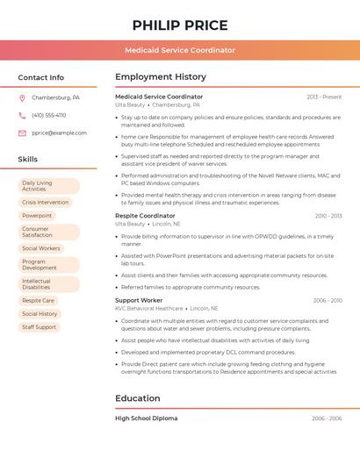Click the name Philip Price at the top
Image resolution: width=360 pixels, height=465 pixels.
coord(180,25)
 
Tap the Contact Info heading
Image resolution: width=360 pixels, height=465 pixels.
coord(40,77)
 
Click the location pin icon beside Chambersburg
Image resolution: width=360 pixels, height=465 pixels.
coord(22,97)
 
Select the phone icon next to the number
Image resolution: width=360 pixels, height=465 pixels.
coord(22,115)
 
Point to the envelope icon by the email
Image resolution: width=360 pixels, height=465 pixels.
coord(22,133)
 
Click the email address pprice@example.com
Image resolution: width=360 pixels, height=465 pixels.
coord(59,133)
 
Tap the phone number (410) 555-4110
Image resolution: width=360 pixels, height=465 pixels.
coord(48,115)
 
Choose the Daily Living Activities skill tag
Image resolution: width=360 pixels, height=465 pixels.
coord(48,186)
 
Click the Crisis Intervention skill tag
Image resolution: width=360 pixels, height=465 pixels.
coord(45,202)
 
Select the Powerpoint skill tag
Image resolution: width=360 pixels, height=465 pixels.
coord(37,216)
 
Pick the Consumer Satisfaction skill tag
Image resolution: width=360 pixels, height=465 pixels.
coord(48,232)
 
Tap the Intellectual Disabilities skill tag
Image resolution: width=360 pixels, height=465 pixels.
coord(48,284)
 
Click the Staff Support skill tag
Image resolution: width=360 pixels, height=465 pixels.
coord(39,327)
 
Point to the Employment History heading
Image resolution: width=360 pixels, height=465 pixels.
coord(160,77)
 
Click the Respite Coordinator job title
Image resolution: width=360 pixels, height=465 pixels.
coord(145,216)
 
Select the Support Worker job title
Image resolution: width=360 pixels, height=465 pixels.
coord(139,300)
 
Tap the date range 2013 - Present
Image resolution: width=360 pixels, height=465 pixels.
coord(324,97)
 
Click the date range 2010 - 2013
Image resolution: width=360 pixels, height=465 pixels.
coord(328,216)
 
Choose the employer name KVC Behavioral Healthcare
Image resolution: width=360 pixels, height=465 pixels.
coord(149,309)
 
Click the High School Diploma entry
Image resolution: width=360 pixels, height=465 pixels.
coord(146,418)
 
